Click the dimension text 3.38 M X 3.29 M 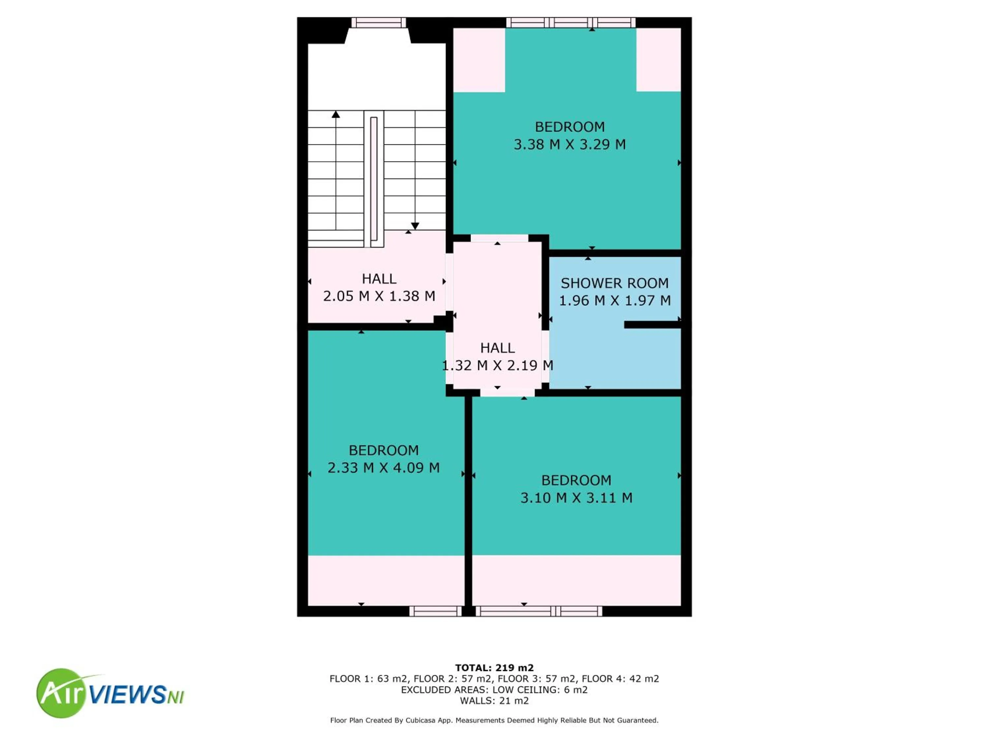point(570,144)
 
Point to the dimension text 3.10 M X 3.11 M point(576,498)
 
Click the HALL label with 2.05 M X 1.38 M point(379,279)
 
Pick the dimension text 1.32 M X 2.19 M point(497,365)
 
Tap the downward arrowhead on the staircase point(415,226)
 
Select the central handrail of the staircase point(374,178)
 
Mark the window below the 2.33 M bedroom point(435,611)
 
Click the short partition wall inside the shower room point(652,325)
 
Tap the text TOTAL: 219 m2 point(494,668)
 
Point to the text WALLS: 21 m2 point(494,701)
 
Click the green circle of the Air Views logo point(60,693)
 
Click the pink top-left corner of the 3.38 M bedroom point(479,60)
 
